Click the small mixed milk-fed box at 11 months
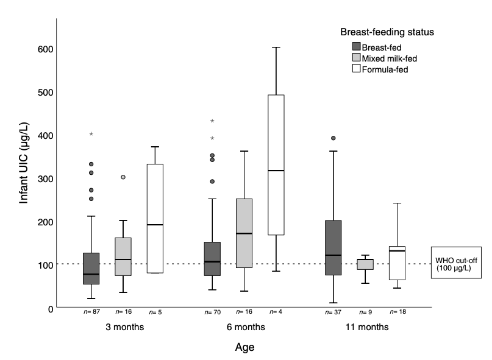365,264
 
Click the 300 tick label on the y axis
43,178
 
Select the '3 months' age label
124,327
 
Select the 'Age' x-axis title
244,348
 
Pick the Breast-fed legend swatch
356,46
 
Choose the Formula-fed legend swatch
356,69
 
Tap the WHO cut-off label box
457,263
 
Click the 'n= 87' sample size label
92,312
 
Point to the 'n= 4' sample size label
276,312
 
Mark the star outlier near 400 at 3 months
91,134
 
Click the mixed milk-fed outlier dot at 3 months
123,177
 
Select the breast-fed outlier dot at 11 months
333,138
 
